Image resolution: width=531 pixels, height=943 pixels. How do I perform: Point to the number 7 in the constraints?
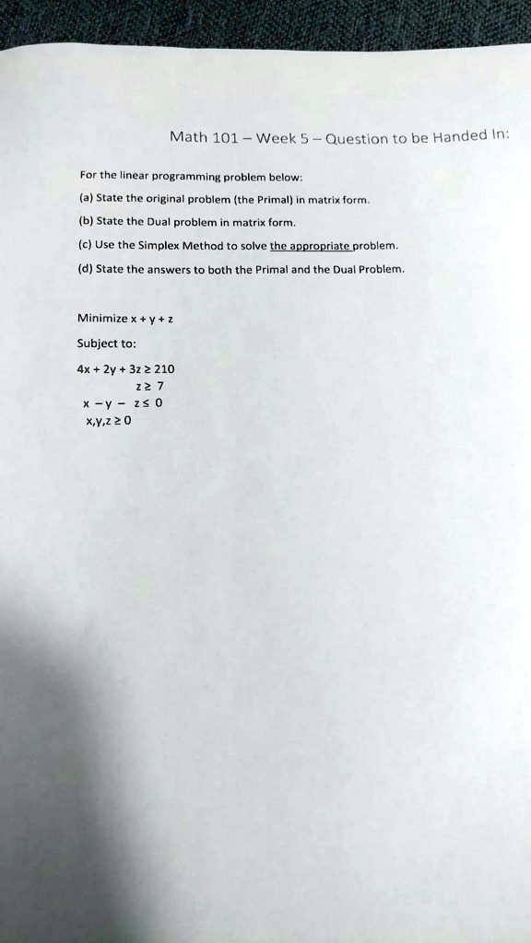coord(159,385)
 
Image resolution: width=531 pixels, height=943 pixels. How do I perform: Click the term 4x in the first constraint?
coord(85,368)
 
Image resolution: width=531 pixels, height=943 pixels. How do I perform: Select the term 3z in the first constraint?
coord(129,368)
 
